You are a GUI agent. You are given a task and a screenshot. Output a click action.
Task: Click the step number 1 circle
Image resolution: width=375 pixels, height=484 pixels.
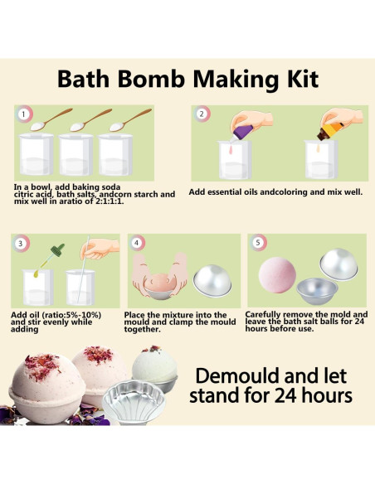click(25, 114)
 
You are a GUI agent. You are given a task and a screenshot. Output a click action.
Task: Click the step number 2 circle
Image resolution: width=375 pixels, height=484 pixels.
click(202, 114)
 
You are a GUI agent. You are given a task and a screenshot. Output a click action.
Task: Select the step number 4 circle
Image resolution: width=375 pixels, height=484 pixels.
click(138, 244)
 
